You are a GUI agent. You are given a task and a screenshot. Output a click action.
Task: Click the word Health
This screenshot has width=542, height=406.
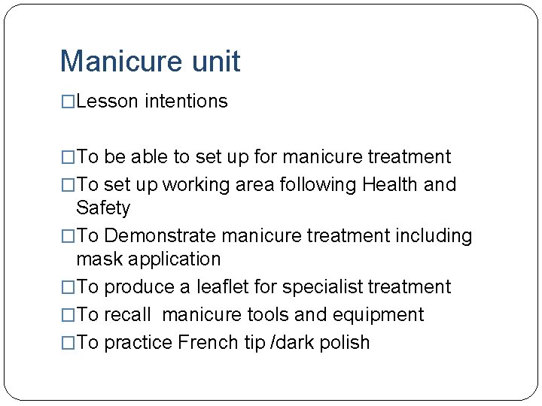pyautogui.click(x=388, y=185)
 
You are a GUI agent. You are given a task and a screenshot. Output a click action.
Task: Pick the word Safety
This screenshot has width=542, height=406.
pyautogui.click(x=103, y=208)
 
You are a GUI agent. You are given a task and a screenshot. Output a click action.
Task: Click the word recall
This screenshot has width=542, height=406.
pyautogui.click(x=127, y=315)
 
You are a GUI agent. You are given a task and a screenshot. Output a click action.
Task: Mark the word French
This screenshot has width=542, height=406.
pyautogui.click(x=206, y=343)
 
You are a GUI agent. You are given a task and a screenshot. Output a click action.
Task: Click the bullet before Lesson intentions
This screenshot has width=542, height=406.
pyautogui.click(x=68, y=102)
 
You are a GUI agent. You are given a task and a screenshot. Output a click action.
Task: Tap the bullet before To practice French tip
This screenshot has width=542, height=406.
pyautogui.click(x=68, y=344)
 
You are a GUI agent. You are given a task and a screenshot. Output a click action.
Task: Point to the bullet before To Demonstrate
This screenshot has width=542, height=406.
pyautogui.click(x=68, y=237)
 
